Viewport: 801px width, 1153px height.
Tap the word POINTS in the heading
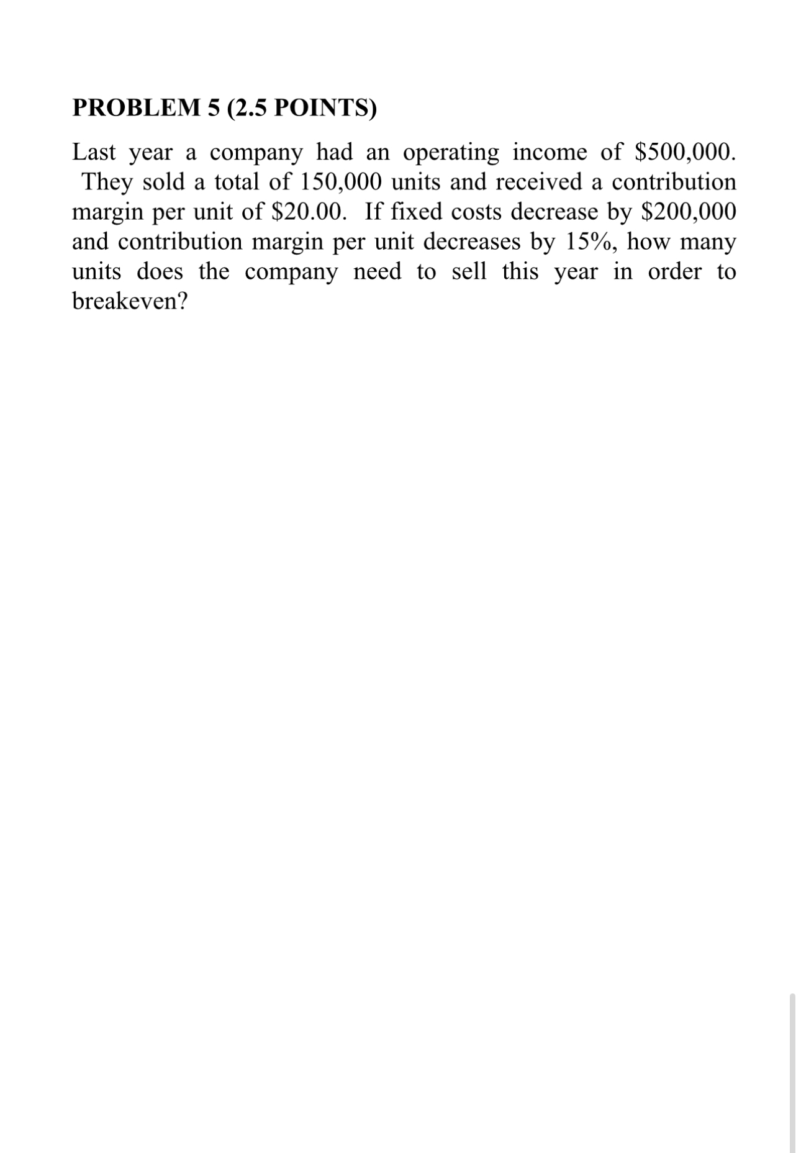pyautogui.click(x=324, y=108)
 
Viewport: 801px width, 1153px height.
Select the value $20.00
pyautogui.click(x=307, y=212)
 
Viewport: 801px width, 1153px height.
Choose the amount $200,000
pyautogui.click(x=689, y=212)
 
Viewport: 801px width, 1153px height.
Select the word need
pyautogui.click(x=378, y=271)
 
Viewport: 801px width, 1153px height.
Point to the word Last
pyautogui.click(x=94, y=152)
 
